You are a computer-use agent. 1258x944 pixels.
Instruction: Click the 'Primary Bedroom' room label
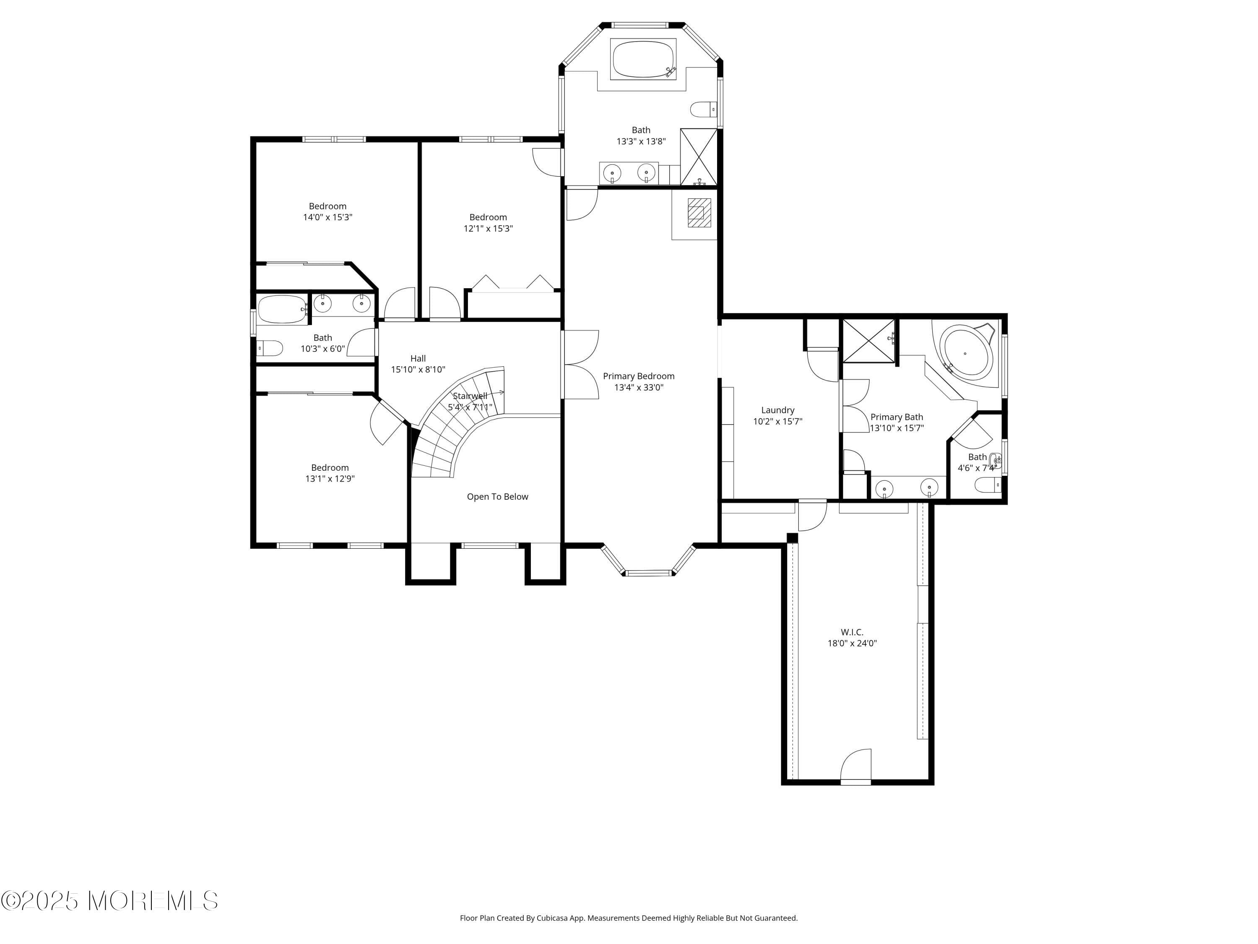638,376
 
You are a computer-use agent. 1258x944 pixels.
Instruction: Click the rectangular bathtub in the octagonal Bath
643,59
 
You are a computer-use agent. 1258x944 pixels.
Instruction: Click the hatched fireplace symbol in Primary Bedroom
699,212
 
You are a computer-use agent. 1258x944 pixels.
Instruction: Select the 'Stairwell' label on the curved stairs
470,396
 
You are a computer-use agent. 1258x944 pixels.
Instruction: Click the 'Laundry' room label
777,410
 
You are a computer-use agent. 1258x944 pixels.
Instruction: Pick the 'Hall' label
418,358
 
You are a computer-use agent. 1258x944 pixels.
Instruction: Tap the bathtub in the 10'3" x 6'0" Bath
283,310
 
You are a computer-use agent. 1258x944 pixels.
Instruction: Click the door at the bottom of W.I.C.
855,766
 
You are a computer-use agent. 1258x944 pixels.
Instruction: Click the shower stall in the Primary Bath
868,340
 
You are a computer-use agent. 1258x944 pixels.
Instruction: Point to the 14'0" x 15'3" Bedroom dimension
327,217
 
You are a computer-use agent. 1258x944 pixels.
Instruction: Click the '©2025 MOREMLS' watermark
109,901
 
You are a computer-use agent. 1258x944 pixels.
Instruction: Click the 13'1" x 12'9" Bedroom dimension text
330,479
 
